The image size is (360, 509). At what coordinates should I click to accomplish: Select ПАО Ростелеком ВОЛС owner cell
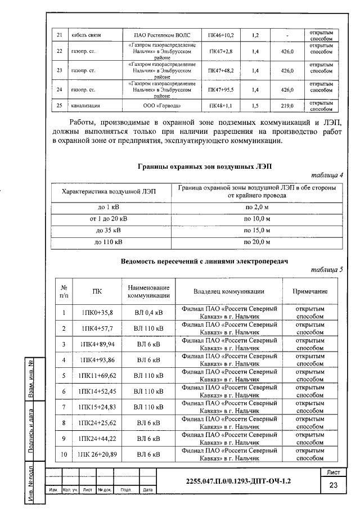click(163, 35)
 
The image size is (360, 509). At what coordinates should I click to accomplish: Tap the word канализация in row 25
click(86, 105)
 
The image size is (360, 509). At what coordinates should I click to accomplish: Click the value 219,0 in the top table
click(288, 105)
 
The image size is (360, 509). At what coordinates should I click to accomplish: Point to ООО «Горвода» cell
click(163, 105)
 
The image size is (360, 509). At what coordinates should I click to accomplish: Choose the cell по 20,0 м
click(257, 242)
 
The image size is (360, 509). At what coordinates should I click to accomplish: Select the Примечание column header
click(309, 291)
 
